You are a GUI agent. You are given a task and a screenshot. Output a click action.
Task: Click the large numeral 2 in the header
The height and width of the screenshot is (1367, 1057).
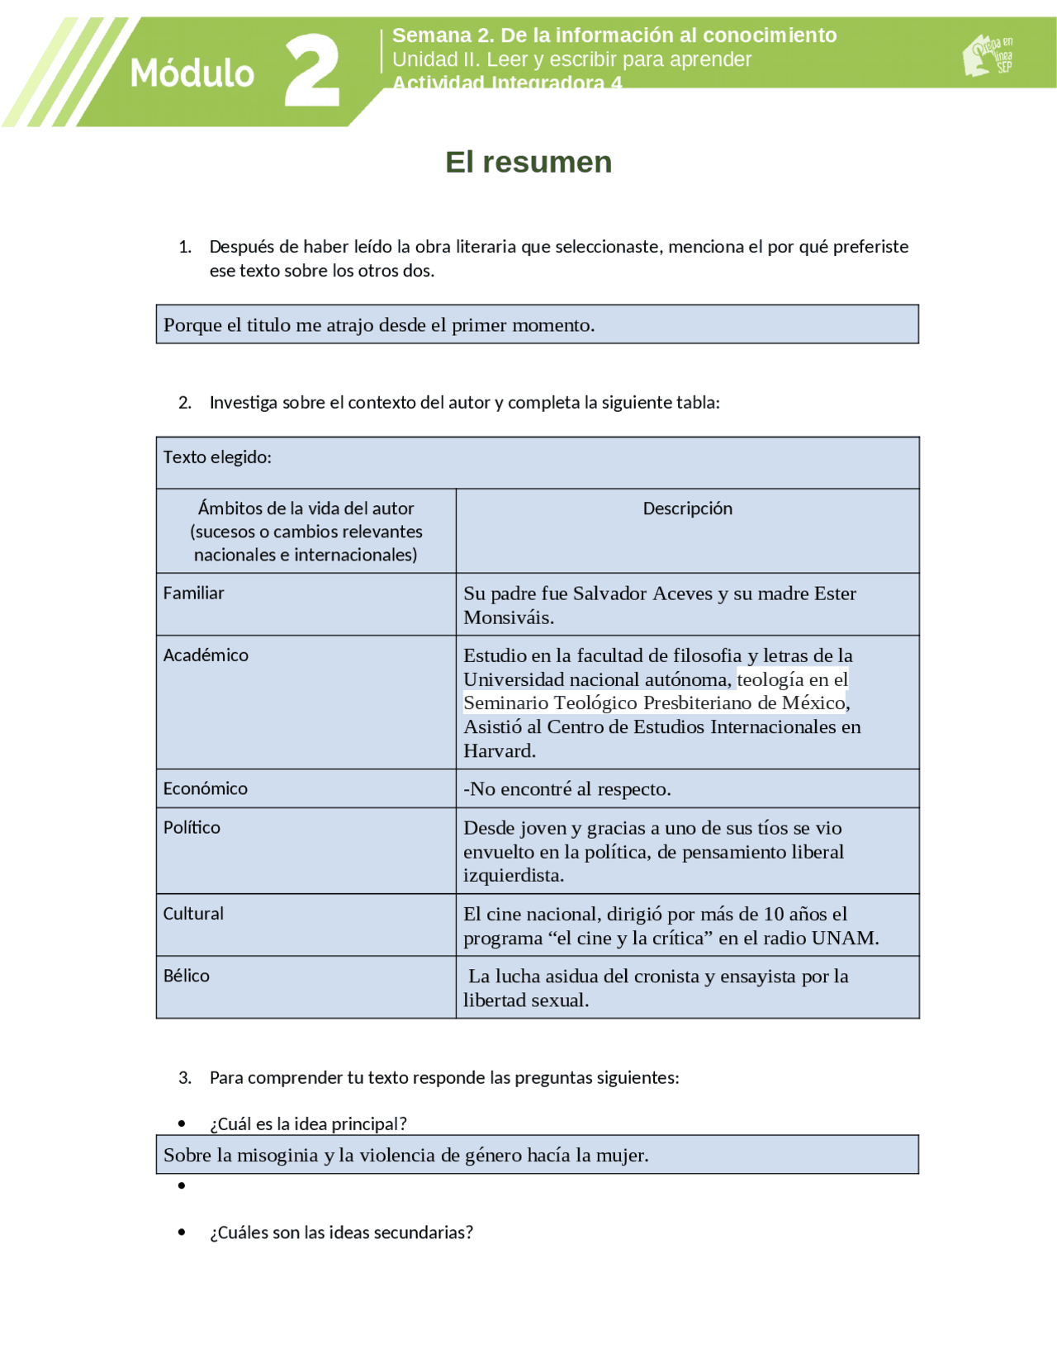312,71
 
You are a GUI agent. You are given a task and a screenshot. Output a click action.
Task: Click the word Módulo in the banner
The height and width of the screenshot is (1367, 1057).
192,73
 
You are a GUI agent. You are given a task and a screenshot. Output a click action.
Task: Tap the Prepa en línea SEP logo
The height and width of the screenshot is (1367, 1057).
988,55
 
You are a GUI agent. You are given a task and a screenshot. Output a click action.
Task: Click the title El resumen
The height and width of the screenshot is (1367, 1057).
528,163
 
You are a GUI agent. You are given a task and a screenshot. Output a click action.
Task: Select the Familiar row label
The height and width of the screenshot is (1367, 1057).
193,594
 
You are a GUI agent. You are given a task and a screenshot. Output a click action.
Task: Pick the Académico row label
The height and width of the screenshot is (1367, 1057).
206,655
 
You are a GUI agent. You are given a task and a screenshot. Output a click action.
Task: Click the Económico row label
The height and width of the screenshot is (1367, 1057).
205,789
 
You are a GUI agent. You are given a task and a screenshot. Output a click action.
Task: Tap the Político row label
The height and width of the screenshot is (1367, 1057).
192,828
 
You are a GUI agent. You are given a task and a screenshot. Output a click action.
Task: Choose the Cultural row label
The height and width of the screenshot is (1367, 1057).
193,914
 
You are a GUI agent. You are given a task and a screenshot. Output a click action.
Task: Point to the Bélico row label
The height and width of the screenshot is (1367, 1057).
187,976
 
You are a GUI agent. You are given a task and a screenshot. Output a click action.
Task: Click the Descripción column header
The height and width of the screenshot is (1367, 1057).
687,509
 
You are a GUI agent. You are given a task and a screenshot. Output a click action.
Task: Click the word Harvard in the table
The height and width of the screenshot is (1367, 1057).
499,751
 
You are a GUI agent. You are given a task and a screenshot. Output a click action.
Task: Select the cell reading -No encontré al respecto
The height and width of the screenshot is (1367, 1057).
567,789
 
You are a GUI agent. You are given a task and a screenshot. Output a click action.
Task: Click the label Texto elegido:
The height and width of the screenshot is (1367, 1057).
217,457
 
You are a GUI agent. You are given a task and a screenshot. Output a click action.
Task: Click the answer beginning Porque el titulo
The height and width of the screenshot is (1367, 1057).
379,325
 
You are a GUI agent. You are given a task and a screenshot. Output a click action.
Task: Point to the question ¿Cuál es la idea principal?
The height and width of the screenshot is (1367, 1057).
308,1124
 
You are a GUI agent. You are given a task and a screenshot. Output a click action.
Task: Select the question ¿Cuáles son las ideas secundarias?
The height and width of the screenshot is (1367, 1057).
341,1232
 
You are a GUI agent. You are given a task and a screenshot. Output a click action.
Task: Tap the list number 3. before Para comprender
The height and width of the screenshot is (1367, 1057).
185,1078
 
